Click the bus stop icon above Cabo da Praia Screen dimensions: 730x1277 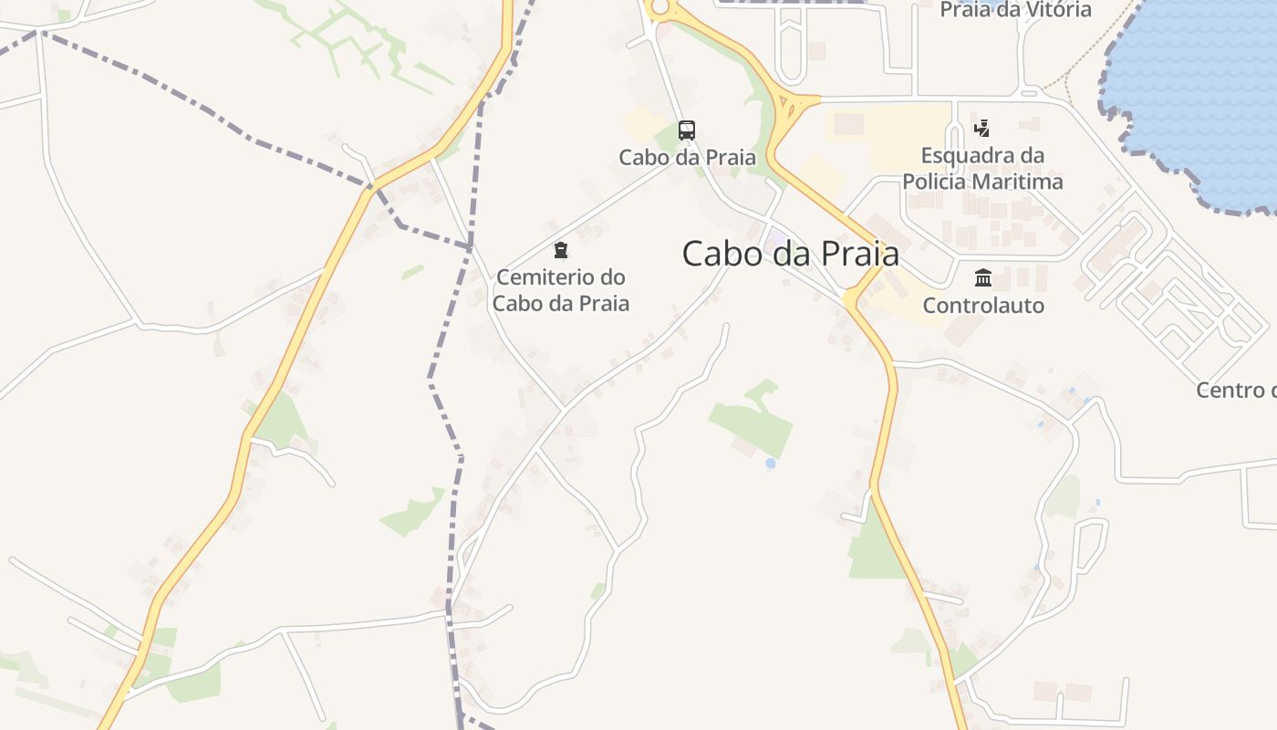pos(687,130)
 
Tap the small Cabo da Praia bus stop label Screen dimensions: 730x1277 pos(687,157)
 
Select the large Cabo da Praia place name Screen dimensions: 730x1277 pos(790,254)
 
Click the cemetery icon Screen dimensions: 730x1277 pos(560,249)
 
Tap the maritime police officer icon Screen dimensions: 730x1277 pos(982,128)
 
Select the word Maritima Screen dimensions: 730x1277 pos(1019,182)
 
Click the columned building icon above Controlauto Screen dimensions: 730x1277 pos(983,277)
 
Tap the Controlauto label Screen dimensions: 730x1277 pos(983,305)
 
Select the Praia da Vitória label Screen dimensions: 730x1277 pos(1015,10)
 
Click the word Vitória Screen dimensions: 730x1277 pos(1059,10)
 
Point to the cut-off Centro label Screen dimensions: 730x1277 pos(1236,391)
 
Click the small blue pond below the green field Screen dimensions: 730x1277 pos(771,464)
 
